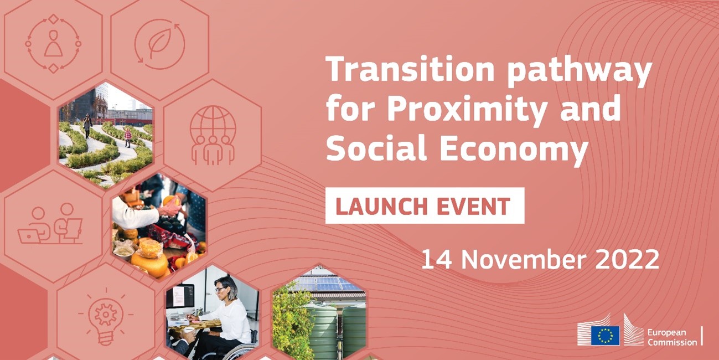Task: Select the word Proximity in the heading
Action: (x=467, y=111)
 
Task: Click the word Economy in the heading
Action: (x=514, y=150)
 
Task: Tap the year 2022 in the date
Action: (x=627, y=259)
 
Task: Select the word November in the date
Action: (x=524, y=259)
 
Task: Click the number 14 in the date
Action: (x=437, y=259)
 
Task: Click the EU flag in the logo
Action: (x=606, y=335)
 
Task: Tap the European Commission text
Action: (x=672, y=337)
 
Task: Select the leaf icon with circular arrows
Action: (x=159, y=44)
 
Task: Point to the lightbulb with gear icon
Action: (x=106, y=317)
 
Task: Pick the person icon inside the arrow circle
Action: (x=53, y=44)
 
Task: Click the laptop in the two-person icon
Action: (x=29, y=236)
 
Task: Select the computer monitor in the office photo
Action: (x=180, y=296)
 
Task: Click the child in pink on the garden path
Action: (x=128, y=137)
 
